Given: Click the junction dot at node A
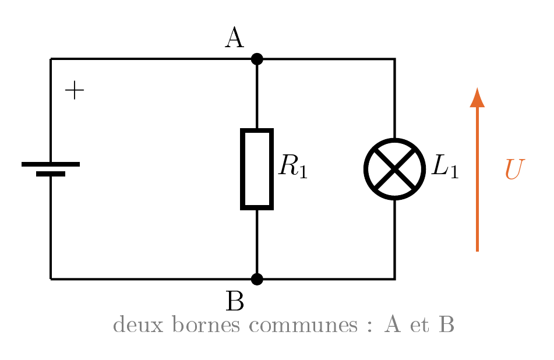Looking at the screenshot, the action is [x=257, y=59].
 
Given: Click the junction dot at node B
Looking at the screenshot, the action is [x=257, y=279].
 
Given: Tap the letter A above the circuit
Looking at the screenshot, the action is [x=234, y=38].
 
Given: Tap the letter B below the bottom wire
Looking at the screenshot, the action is [x=235, y=301].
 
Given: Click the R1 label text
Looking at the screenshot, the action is [x=293, y=166].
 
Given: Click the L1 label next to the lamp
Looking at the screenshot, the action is [x=445, y=166].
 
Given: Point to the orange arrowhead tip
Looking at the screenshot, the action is [x=477, y=87].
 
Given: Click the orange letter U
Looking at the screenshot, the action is [x=514, y=170].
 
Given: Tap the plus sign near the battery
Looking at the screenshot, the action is [x=75, y=90].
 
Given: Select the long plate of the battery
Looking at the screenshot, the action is [x=51, y=164].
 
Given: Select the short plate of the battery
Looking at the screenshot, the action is [x=51, y=174].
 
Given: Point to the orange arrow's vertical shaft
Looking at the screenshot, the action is [x=477, y=179].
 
